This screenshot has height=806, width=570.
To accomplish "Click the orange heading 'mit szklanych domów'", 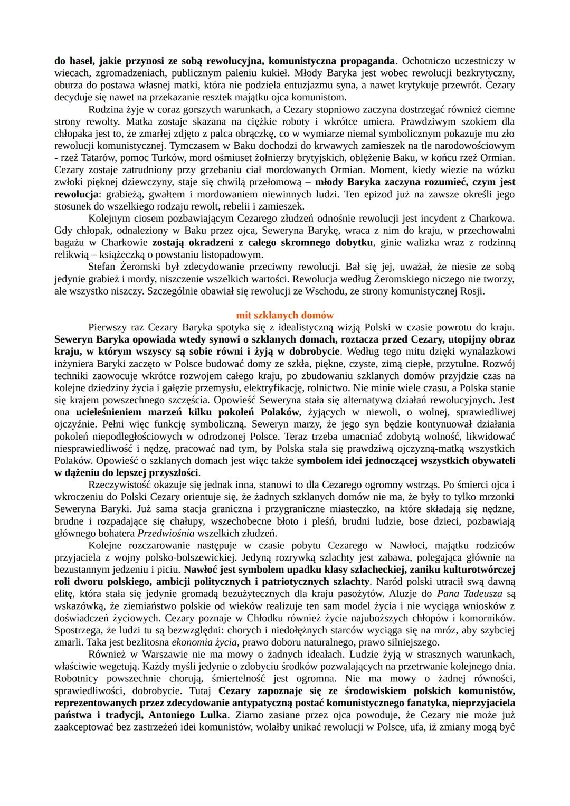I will tap(284, 315).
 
